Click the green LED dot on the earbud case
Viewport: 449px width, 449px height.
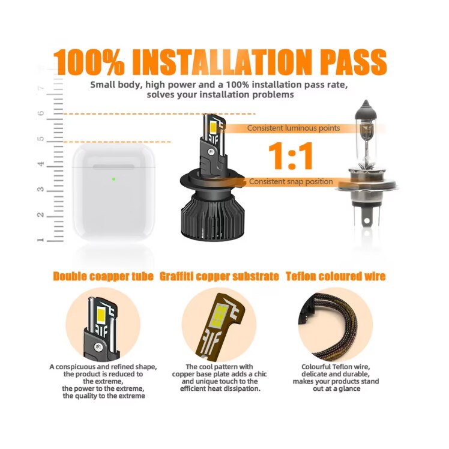[x=113, y=179]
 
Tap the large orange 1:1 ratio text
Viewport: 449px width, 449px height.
[x=291, y=156]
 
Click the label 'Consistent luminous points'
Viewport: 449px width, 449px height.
[x=294, y=128]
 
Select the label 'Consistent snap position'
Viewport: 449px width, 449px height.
[x=291, y=181]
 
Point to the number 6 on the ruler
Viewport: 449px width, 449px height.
[x=41, y=113]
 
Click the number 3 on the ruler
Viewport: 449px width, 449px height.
[x=41, y=189]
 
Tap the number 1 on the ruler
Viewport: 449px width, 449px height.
[x=40, y=240]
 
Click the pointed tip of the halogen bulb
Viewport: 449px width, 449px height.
[x=366, y=101]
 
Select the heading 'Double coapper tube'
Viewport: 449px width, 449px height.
[x=103, y=276]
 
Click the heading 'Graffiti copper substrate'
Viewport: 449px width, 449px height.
[x=219, y=276]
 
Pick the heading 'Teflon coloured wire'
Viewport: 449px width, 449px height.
[x=336, y=276]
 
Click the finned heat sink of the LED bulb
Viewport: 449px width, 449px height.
[x=212, y=216]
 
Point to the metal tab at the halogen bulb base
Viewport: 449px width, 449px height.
[x=367, y=217]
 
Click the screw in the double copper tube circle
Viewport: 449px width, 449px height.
[x=98, y=348]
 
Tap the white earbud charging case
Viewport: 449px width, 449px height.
[x=113, y=191]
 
